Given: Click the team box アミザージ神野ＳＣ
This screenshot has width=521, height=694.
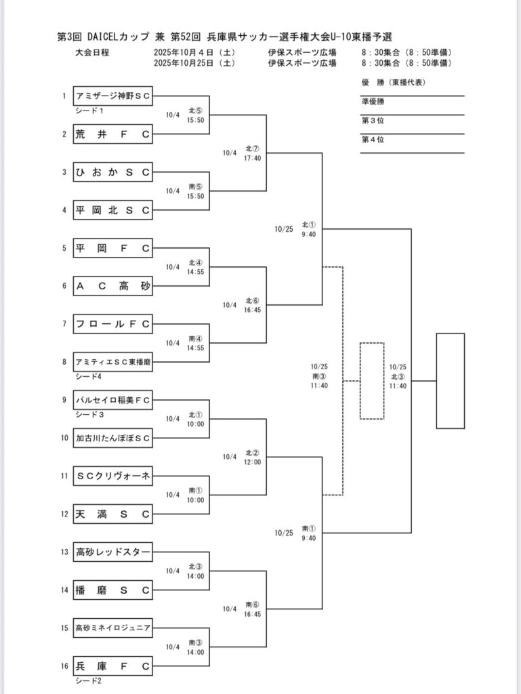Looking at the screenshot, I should click(112, 96).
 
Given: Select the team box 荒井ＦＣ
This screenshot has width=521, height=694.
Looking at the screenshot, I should click(112, 134).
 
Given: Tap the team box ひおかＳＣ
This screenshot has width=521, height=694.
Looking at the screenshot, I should click(112, 172).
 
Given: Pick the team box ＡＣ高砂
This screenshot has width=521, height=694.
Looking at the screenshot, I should click(112, 286).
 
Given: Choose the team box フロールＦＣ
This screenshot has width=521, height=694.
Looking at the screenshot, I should click(112, 324).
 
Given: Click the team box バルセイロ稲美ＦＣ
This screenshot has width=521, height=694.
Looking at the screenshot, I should click(112, 401).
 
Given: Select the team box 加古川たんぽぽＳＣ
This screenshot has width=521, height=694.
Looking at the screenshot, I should click(112, 438).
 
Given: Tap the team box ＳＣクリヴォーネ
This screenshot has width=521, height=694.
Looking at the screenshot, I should click(112, 476).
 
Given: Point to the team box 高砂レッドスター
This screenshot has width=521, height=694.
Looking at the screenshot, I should click(112, 552).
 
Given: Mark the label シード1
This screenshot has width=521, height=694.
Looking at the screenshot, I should click(88, 110).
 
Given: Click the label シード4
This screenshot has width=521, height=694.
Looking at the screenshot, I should click(88, 376).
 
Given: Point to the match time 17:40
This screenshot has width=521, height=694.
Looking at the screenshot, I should click(253, 157).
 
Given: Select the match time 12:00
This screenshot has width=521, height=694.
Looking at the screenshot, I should click(253, 462).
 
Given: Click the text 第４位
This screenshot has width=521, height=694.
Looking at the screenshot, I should click(373, 140).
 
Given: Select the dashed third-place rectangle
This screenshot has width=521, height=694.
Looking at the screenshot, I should click(372, 381).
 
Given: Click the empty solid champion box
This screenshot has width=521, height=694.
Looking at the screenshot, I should click(450, 381).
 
